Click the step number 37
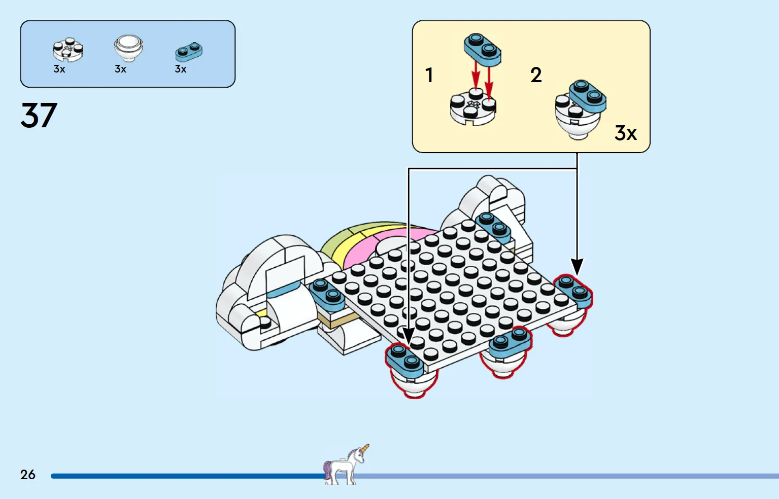coord(39,116)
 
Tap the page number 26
coord(28,475)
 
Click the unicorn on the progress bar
coord(346,465)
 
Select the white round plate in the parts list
coord(67,50)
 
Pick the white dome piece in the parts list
coord(128,47)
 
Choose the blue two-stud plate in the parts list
coord(189,51)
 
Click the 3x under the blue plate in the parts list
coord(181,69)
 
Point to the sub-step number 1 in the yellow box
coord(429,76)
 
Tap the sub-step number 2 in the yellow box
coord(536,76)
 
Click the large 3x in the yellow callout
coord(625,133)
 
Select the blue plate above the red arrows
coord(483,49)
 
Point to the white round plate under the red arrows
coord(472,108)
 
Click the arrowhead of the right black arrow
coord(577,266)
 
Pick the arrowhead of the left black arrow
coord(408,335)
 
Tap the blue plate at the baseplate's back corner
coord(493,226)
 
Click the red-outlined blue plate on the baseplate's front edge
coord(510,342)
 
